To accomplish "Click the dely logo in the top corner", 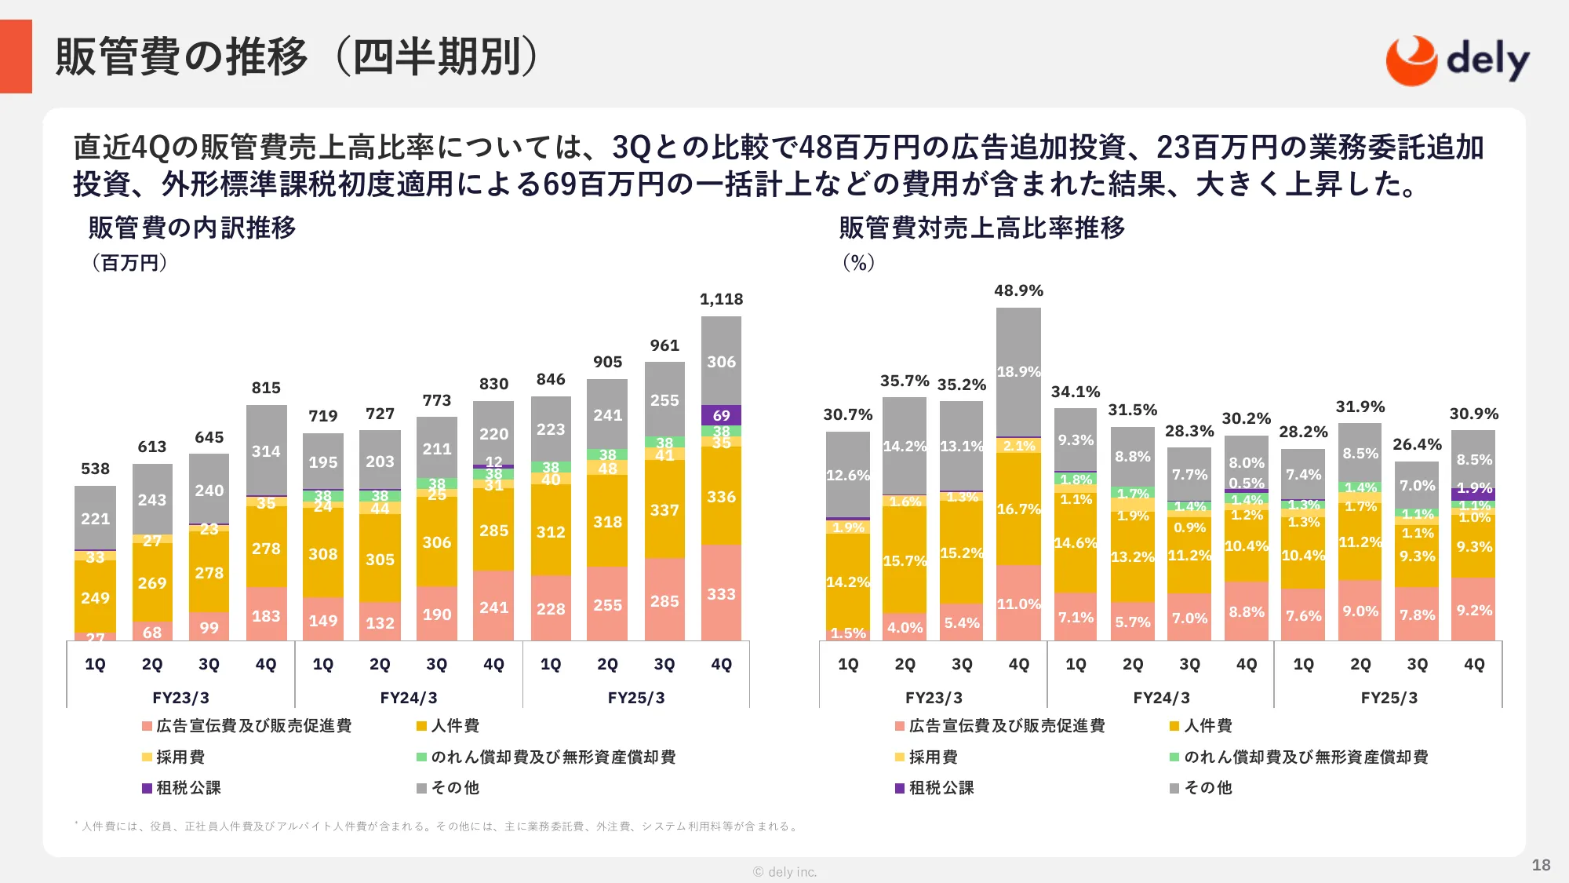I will tap(1458, 60).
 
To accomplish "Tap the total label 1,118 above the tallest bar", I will tap(721, 299).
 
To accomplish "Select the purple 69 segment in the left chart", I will tap(721, 415).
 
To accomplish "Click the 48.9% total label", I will tap(1018, 290).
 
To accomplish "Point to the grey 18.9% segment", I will tap(1018, 371).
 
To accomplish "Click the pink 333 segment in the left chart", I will tap(721, 593).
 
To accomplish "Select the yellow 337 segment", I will tap(664, 510).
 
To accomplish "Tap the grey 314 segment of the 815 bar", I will tap(266, 451).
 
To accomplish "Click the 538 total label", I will tap(95, 469).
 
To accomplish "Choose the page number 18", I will tap(1541, 865).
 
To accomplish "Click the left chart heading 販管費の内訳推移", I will tap(192, 228).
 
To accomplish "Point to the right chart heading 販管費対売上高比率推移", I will tap(982, 228).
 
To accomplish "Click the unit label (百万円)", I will tap(129, 263).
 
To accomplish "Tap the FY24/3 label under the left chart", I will tap(408, 698).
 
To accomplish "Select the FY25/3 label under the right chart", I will tap(1389, 698).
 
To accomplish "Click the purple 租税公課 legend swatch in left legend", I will tap(147, 788).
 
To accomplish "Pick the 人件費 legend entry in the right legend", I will tap(1208, 726).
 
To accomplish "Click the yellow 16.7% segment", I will tap(1018, 509).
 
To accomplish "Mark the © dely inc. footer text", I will tap(784, 872).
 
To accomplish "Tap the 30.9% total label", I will tap(1473, 414).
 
